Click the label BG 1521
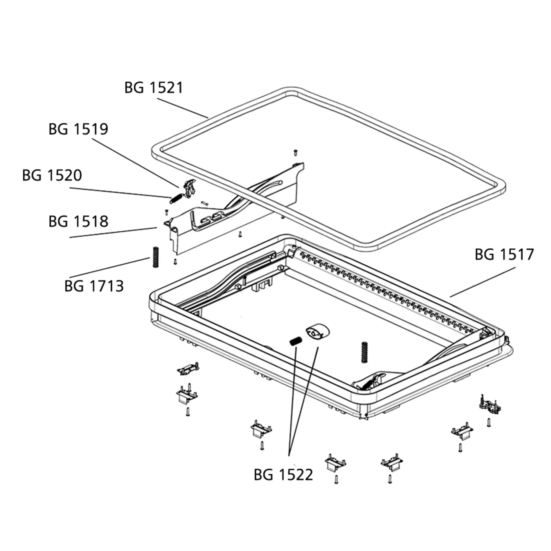pyautogui.click(x=153, y=88)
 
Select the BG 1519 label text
pyautogui.click(x=79, y=129)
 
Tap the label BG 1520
pyautogui.click(x=52, y=175)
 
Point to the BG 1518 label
pyautogui.click(x=79, y=222)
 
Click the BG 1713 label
pyautogui.click(x=94, y=286)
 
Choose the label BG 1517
pyautogui.click(x=504, y=254)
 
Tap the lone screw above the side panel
pyautogui.click(x=296, y=153)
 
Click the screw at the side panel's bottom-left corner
pyautogui.click(x=175, y=261)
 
